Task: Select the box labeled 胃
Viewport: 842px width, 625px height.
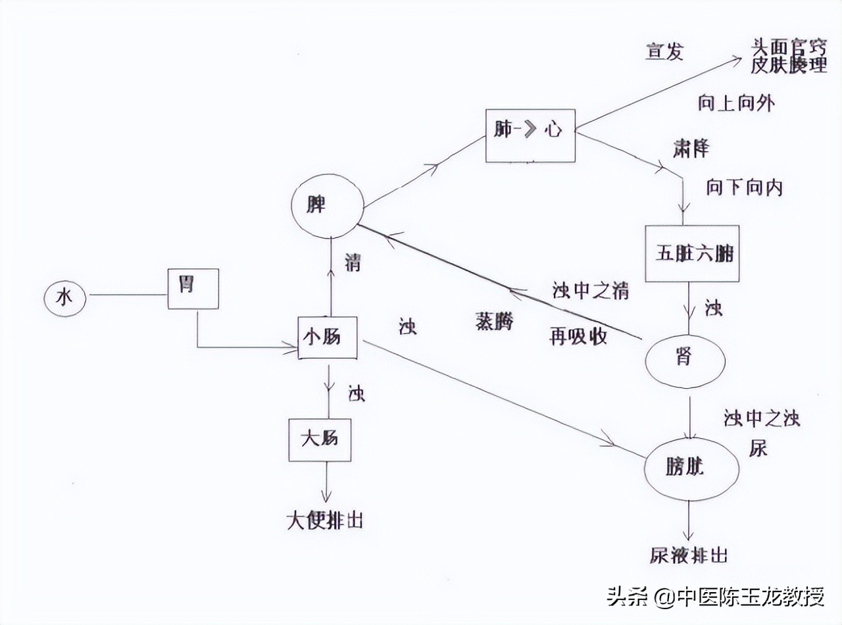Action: [193, 288]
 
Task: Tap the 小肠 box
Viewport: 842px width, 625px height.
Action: [327, 337]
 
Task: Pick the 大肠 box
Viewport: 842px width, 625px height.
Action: [319, 439]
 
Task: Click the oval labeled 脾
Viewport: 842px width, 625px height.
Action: [327, 205]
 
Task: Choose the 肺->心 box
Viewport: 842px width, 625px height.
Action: [530, 136]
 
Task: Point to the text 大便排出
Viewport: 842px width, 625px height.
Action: [324, 520]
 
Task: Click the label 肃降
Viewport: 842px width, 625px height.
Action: [691, 148]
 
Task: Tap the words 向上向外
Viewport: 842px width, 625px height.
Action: [735, 103]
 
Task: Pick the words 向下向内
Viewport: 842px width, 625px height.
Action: [745, 187]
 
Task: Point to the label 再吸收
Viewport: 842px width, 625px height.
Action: [578, 337]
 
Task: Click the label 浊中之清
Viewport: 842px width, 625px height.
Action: [589, 291]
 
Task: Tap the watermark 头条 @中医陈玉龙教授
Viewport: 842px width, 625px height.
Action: [716, 597]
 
